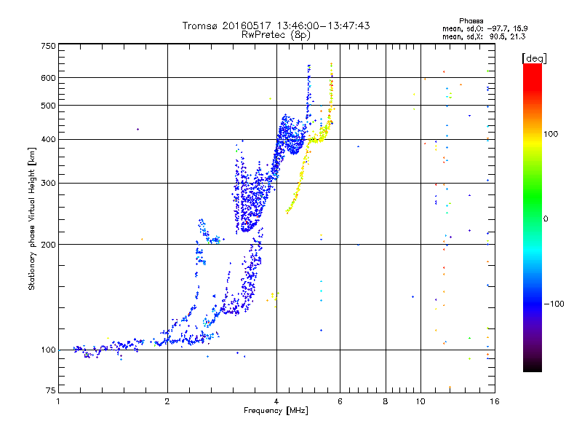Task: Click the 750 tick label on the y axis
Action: tap(48, 46)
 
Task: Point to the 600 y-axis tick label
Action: tap(48, 77)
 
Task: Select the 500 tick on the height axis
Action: tap(48, 105)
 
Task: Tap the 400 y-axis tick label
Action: tap(48, 139)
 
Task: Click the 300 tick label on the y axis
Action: tap(48, 183)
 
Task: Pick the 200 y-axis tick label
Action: tap(48, 244)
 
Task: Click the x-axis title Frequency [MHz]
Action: tap(276, 412)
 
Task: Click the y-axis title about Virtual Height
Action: tap(32, 219)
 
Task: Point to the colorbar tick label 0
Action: tap(546, 219)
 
